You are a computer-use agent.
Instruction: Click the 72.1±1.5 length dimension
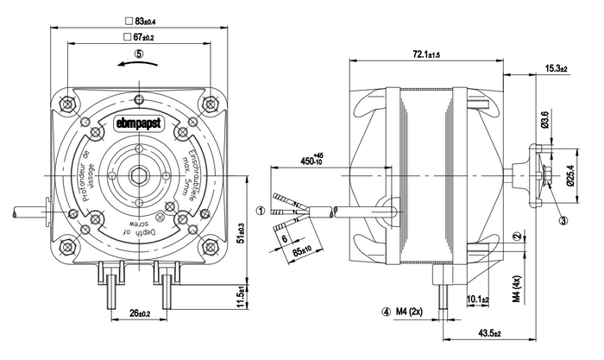point(425,54)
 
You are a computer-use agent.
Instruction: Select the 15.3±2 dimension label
point(557,67)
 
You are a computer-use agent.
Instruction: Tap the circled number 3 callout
point(563,220)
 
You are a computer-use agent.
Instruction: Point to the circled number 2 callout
point(515,236)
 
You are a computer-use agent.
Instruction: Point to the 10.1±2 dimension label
point(477,300)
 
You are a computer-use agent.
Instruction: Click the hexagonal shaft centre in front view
point(138,175)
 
